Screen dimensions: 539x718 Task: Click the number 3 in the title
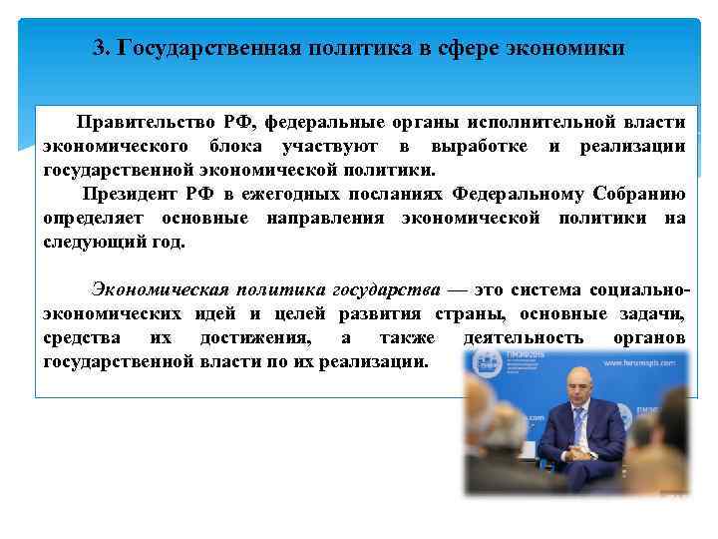[x=98, y=48]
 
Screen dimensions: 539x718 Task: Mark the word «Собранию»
[x=638, y=194]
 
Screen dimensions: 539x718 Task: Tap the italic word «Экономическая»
[x=160, y=289]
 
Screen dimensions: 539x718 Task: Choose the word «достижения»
[x=262, y=338]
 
